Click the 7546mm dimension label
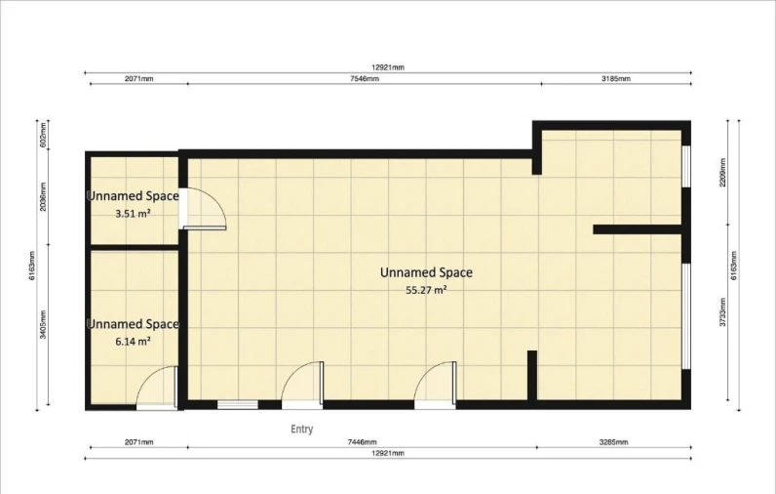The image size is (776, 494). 365,79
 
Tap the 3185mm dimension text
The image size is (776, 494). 616,78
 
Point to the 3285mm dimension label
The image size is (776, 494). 613,442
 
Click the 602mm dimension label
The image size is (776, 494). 43,135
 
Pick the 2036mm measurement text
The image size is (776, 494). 43,196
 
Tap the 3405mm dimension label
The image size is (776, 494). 43,324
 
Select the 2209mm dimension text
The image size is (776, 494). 722,172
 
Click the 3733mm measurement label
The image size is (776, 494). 722,312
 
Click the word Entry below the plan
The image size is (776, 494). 302,430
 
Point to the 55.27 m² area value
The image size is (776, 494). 426,290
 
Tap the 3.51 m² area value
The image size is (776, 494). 134,214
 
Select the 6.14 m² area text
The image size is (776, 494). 134,342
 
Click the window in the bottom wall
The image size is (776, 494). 238,405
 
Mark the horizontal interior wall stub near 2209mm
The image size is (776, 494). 638,229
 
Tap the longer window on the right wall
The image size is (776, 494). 686,316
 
